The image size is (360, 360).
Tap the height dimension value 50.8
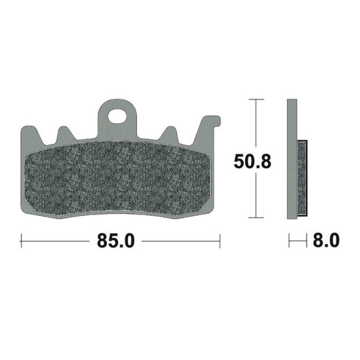click(252, 161)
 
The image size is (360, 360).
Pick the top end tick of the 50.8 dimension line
click(256, 99)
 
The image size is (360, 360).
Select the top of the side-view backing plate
click(292, 100)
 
